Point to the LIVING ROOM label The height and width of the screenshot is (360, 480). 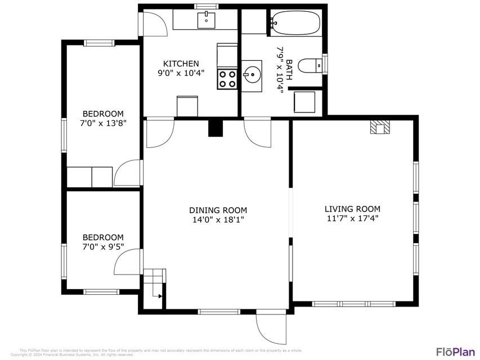tap(352, 209)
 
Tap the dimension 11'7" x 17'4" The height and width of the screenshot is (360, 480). tap(352, 219)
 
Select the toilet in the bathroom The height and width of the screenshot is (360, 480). tap(309, 66)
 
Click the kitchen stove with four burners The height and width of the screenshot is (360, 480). tap(227, 79)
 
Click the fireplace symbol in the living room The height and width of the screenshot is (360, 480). tap(380, 128)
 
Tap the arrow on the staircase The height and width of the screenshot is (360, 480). tap(160, 295)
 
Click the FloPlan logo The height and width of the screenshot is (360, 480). tap(456, 352)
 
